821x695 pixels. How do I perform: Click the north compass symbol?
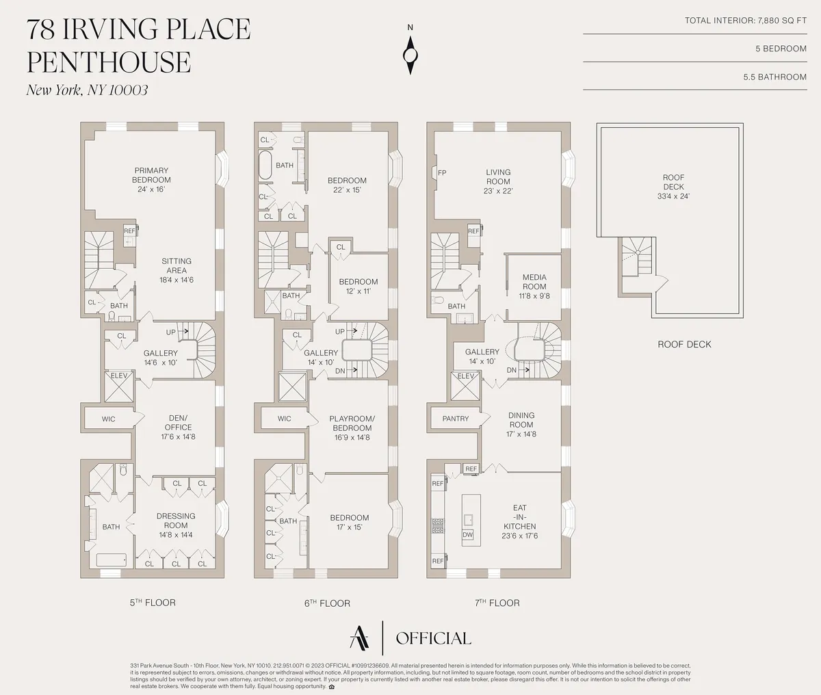pyautogui.click(x=410, y=53)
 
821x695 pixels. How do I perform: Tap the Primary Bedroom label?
pyautogui.click(x=151, y=175)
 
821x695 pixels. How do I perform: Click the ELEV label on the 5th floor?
pyautogui.click(x=119, y=376)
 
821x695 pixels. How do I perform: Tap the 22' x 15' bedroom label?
pyautogui.click(x=348, y=185)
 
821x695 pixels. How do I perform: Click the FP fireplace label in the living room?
pyautogui.click(x=442, y=173)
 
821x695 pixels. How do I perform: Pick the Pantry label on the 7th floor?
pyautogui.click(x=455, y=419)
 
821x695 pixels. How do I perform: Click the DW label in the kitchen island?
pyautogui.click(x=468, y=535)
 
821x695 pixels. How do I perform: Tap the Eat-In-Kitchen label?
pyautogui.click(x=520, y=517)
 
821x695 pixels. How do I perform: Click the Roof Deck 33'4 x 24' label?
pyautogui.click(x=673, y=187)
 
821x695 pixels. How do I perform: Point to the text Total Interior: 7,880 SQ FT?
pyautogui.click(x=746, y=21)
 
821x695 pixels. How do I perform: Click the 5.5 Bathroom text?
pyautogui.click(x=774, y=77)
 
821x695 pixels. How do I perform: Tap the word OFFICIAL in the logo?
pyautogui.click(x=434, y=638)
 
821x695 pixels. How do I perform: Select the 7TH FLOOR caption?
pyautogui.click(x=497, y=603)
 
